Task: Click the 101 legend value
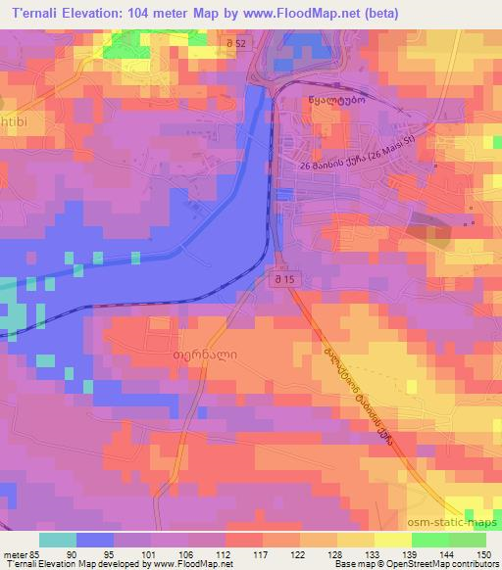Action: (149, 554)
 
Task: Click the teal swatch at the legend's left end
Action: (56, 540)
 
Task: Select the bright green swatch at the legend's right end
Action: (467, 540)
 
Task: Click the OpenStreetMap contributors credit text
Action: (435, 564)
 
